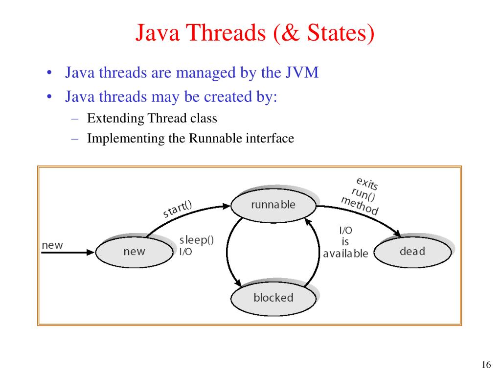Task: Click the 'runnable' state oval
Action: coord(273,205)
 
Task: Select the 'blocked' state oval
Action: coord(273,298)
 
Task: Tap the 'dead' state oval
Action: coord(412,252)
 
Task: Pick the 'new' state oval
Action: coord(134,252)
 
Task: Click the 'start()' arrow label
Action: coord(177,210)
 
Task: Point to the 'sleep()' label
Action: coord(197,240)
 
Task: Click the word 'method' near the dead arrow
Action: coord(360,206)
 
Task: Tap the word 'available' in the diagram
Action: coord(345,254)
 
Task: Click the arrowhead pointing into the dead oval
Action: coord(396,235)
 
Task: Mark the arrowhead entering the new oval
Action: coord(90,252)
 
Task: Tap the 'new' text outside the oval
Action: coord(52,245)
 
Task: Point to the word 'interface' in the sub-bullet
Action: coord(270,139)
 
